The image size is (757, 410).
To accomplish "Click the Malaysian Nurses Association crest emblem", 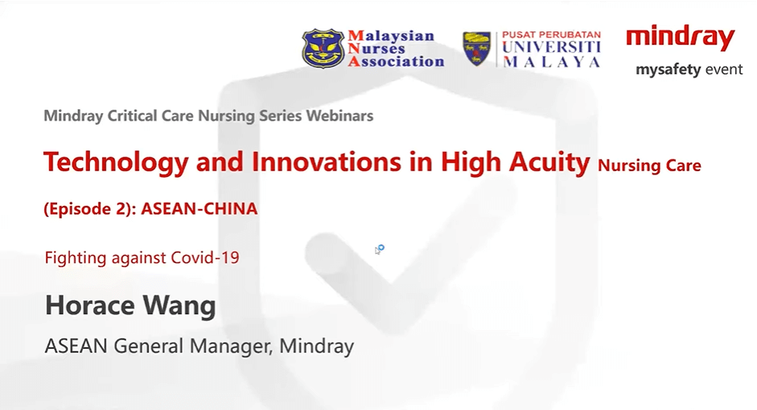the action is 323,49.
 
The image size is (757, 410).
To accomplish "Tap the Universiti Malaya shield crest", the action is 476,49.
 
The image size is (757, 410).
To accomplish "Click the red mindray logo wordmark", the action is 681,38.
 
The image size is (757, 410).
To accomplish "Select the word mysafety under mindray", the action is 668,70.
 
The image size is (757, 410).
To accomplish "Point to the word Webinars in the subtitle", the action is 339,116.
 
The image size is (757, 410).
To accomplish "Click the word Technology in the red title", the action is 116,162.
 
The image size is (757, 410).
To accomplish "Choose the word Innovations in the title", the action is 327,162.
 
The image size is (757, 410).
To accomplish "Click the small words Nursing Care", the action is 649,166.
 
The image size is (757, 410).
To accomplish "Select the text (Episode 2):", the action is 90,209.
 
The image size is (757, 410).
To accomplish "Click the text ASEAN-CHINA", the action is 200,209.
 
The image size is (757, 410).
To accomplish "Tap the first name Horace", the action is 90,305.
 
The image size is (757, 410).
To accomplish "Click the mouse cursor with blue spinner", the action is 380,249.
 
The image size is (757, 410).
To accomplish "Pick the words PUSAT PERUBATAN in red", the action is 551,35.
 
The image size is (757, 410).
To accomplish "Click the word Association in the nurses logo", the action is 396,62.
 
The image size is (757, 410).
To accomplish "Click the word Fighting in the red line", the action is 76,257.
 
